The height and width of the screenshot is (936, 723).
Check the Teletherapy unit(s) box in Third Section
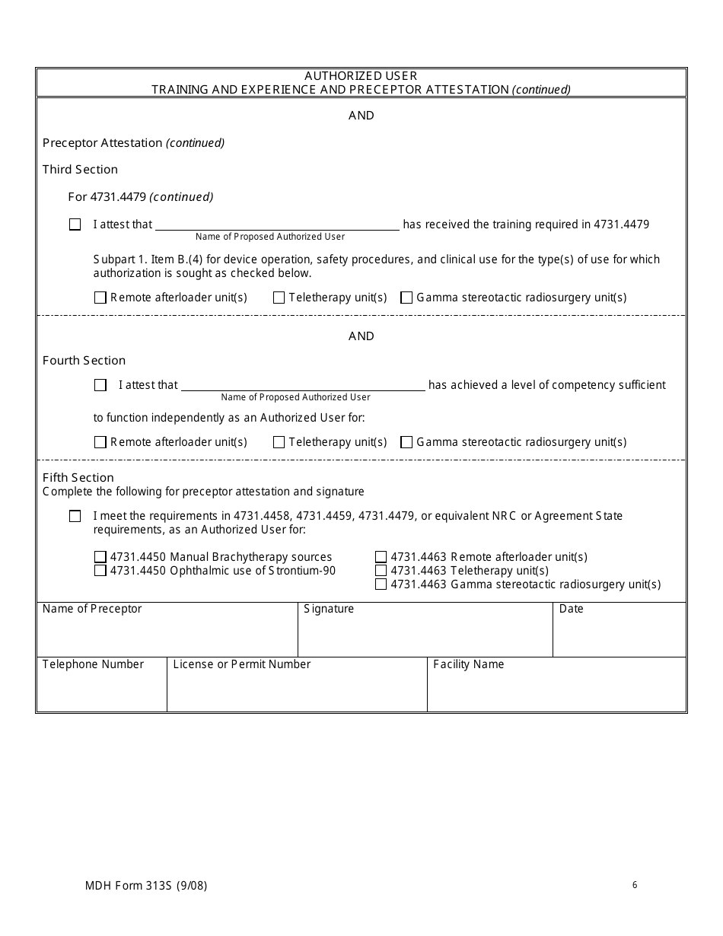click(x=279, y=298)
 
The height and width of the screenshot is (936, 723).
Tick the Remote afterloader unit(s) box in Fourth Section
click(x=100, y=442)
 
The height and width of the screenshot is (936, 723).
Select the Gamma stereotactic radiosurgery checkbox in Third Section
click(x=406, y=298)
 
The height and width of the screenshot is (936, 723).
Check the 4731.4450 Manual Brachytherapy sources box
click(x=100, y=557)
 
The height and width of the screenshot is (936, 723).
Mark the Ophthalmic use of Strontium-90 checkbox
click(x=100, y=571)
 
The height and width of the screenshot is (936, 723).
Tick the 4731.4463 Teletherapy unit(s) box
click(x=381, y=571)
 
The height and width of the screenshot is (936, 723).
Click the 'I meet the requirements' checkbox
click(x=75, y=517)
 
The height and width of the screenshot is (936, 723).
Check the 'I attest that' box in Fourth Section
click(x=100, y=385)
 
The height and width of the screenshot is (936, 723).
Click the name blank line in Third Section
click(x=277, y=224)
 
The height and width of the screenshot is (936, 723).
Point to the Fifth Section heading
click(x=78, y=478)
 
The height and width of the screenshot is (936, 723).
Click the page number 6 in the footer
click(x=635, y=885)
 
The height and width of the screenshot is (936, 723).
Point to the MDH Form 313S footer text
click(x=146, y=886)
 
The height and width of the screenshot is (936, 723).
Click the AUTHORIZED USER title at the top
click(x=361, y=76)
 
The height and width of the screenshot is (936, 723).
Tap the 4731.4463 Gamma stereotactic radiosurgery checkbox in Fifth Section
click(x=381, y=584)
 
